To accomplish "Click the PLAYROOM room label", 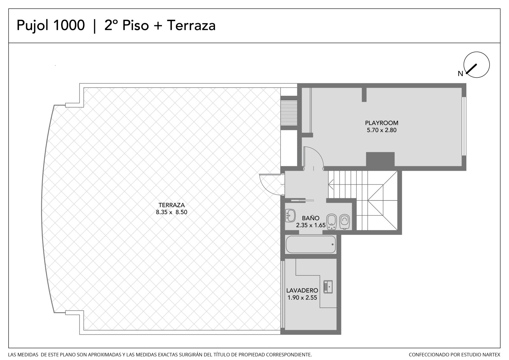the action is coord(381,123).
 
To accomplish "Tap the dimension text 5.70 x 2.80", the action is coord(381,130).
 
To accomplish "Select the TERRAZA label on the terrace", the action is coord(171,205).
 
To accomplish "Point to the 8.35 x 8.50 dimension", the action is coord(171,212).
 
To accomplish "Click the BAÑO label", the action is coord(310,218).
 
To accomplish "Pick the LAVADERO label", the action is coord(302,290).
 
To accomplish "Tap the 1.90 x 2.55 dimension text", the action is coord(302,298).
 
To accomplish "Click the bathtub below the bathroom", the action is coord(310,244).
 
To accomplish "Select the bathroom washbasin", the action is coord(290,215).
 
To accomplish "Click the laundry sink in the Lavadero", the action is coord(328,287).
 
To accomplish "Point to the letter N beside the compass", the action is coord(460,74).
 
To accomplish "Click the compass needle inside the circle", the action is coord(471,69).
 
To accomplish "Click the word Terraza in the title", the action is coord(191,25).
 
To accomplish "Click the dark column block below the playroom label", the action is coord(380,159).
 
